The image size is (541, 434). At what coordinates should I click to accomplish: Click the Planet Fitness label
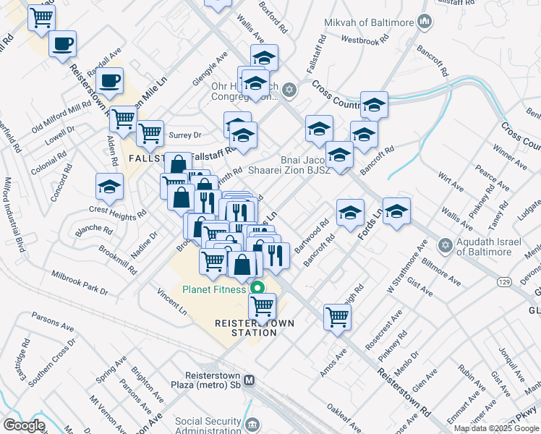(213, 289)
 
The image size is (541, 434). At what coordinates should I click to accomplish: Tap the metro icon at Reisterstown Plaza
(250, 380)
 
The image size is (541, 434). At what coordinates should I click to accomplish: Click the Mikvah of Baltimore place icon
(425, 22)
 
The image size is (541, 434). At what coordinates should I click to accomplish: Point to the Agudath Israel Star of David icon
(446, 247)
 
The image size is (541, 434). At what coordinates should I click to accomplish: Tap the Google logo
(24, 425)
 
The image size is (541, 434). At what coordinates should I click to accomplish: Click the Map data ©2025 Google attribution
(496, 428)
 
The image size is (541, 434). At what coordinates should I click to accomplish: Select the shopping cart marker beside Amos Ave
(338, 316)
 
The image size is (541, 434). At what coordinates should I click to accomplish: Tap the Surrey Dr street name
(184, 135)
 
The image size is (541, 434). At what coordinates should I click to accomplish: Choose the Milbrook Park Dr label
(79, 282)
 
